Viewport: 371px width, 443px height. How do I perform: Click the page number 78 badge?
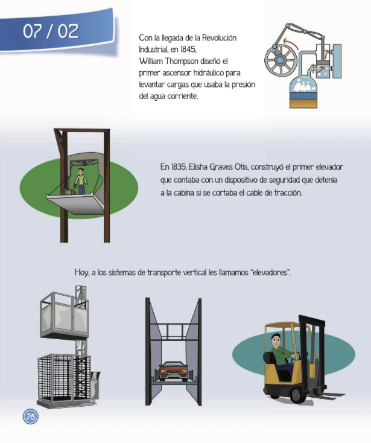tap(31, 416)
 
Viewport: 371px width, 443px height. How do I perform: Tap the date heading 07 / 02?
tap(51, 31)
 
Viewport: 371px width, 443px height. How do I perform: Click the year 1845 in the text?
tap(188, 49)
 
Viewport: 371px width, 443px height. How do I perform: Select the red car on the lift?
tap(173, 371)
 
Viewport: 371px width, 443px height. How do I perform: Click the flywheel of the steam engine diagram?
tap(281, 60)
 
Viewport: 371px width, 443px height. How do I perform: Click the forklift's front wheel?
tap(296, 395)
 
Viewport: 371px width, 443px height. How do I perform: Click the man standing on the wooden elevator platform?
tap(81, 181)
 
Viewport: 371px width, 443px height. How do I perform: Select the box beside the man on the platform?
tap(69, 191)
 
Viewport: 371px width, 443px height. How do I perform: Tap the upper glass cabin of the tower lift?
tap(64, 315)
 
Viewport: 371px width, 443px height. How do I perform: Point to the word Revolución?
tap(219, 38)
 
